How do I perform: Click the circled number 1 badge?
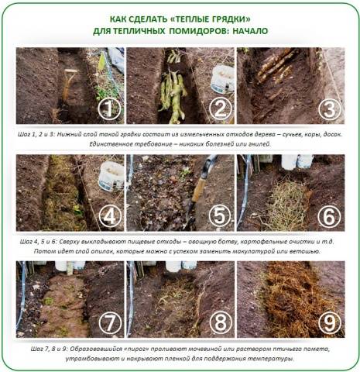tap(109, 108)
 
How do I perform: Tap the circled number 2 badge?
tap(220, 108)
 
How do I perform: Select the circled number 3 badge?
tap(330, 109)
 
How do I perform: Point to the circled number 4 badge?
tap(109, 216)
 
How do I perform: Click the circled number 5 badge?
tap(220, 216)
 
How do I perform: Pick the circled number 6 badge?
tap(330, 216)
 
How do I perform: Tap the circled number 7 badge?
tap(110, 323)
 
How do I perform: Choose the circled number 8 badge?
tap(220, 323)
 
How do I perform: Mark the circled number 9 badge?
tap(330, 323)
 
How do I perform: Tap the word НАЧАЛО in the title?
tap(250, 31)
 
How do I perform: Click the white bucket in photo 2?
tap(222, 79)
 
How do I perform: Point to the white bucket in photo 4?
tap(111, 177)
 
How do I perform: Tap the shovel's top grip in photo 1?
tap(70, 71)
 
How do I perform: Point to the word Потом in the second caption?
tap(43, 251)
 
